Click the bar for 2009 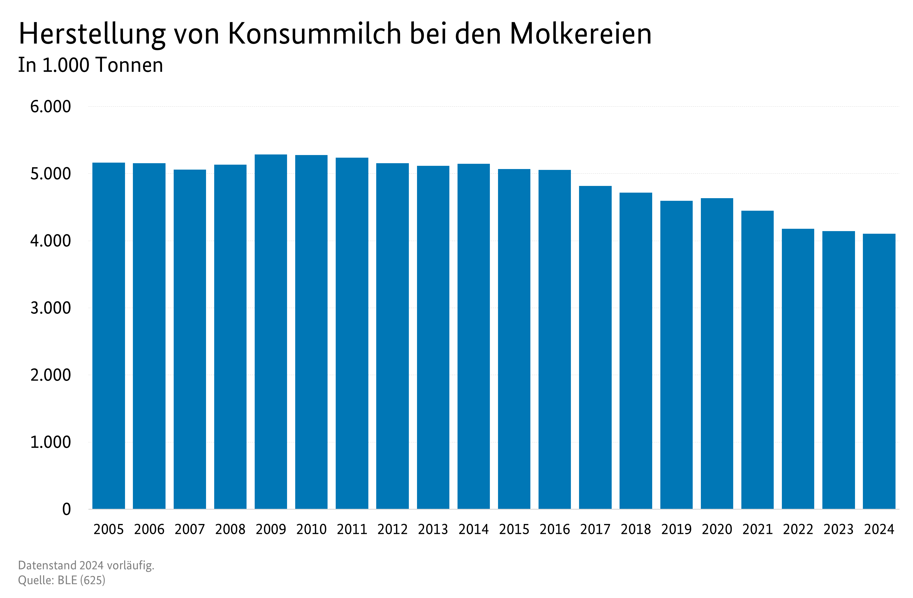pos(271,332)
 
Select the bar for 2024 pos(879,371)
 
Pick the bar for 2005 pos(109,336)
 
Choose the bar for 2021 pos(757,360)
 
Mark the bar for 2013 pos(433,337)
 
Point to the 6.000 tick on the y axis pos(51,107)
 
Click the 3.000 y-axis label pos(51,308)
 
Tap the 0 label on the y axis pos(66,509)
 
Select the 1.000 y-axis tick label pos(51,442)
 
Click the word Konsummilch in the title pos(314,34)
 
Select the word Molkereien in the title pos(581,34)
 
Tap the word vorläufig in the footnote pos(131,565)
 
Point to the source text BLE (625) pos(81,580)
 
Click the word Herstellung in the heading pos(92,34)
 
